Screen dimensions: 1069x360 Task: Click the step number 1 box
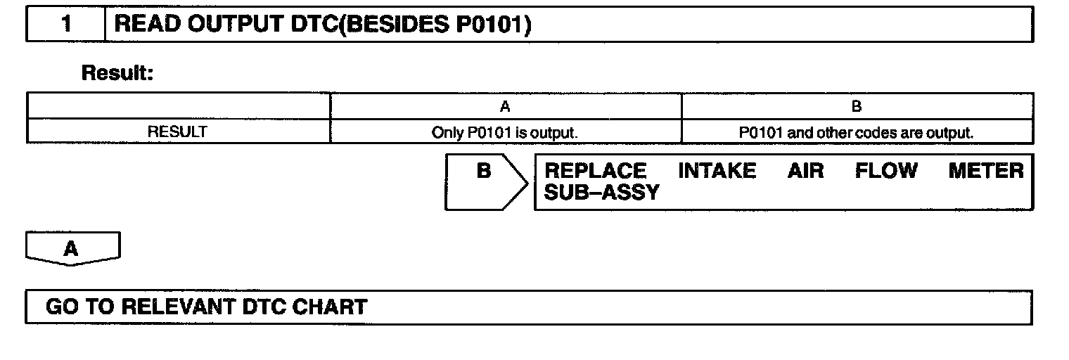pos(66,25)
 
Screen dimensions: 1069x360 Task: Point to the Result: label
pos(117,72)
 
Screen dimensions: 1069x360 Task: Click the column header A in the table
pos(505,107)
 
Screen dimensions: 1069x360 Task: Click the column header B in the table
pos(857,107)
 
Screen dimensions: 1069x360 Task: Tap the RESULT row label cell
pos(177,131)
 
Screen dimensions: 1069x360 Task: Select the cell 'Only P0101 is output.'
pos(505,131)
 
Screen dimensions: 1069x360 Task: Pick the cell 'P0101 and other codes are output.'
pos(857,131)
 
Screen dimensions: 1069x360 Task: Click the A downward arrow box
pos(72,249)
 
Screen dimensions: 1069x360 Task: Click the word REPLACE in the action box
pos(596,171)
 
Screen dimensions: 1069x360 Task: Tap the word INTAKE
pos(717,171)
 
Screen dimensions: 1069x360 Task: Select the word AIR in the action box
pos(805,171)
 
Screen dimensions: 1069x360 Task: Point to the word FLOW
pos(886,171)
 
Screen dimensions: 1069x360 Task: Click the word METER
pos(986,171)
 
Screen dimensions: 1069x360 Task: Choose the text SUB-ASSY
pos(602,192)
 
